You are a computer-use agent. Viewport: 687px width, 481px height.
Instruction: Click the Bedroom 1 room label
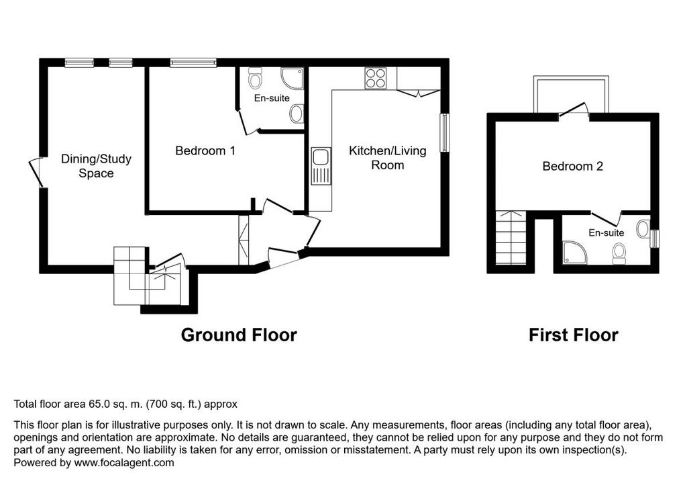(x=205, y=151)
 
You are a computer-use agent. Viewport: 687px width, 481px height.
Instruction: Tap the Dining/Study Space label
(x=96, y=166)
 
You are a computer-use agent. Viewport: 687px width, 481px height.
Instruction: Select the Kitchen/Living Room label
(x=387, y=158)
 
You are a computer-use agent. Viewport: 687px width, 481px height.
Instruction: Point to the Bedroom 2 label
(x=572, y=167)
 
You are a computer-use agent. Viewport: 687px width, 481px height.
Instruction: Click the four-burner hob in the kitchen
(x=376, y=79)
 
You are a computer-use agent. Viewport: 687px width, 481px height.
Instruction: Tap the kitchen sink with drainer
(x=321, y=167)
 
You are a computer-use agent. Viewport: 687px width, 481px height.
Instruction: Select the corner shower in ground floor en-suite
(x=293, y=78)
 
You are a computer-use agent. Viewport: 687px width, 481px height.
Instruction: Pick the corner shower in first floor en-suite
(x=574, y=253)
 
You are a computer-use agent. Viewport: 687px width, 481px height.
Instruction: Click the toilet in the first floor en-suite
(x=619, y=254)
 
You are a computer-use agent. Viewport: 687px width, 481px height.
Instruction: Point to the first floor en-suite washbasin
(x=643, y=229)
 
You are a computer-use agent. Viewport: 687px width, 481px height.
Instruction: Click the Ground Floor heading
(x=239, y=335)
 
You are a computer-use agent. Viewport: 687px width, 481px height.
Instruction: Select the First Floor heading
(x=573, y=335)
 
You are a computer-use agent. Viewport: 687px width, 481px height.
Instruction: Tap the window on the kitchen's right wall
(x=445, y=132)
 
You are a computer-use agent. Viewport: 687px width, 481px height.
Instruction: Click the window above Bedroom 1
(x=193, y=63)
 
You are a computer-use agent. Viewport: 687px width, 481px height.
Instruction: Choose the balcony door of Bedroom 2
(x=574, y=111)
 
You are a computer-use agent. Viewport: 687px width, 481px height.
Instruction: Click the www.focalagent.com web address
(x=124, y=463)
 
